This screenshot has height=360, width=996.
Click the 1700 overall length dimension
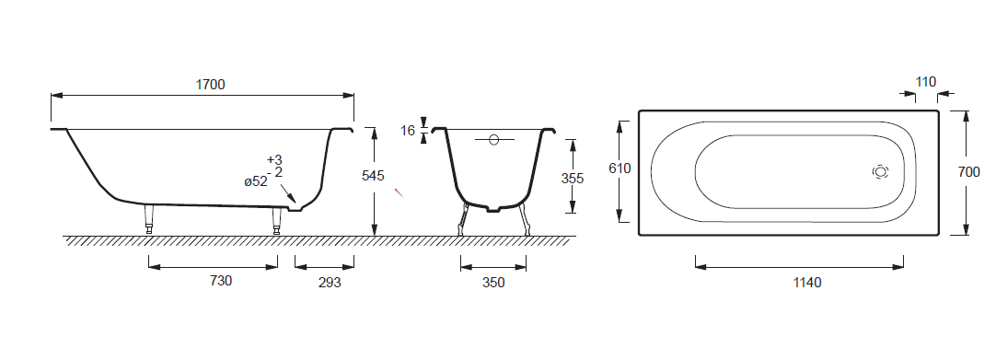210,85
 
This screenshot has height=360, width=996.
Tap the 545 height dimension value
373,176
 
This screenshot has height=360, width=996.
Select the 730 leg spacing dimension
220,280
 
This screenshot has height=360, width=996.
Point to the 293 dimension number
329,282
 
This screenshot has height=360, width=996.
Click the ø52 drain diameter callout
256,181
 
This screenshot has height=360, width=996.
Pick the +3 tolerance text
274,159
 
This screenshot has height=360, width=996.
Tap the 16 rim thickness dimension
408,131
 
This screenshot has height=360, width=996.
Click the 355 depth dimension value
573,179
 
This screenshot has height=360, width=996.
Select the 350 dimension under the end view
492,283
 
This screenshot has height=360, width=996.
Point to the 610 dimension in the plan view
620,168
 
